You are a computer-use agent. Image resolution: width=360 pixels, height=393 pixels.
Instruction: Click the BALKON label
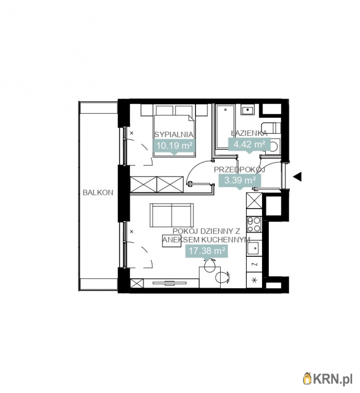click(98, 192)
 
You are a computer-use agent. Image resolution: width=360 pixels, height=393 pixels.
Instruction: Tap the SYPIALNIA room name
click(174, 134)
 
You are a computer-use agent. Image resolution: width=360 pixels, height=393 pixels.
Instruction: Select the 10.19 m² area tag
click(174, 146)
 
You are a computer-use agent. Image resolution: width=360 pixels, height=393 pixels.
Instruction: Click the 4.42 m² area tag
click(249, 145)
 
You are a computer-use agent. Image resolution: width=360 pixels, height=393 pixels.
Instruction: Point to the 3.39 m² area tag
click(240, 181)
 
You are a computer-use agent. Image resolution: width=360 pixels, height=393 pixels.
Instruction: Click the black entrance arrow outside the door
click(298, 177)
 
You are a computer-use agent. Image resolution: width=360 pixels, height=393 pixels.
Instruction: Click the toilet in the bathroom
click(271, 145)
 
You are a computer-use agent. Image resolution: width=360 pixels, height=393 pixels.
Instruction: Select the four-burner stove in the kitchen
click(254, 224)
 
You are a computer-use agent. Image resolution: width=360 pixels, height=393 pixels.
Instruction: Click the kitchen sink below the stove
click(254, 248)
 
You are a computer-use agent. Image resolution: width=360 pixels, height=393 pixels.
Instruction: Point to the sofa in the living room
click(172, 215)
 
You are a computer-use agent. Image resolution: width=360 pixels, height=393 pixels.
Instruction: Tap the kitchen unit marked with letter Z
click(254, 264)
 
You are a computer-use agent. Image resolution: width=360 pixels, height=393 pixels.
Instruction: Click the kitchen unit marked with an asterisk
click(254, 280)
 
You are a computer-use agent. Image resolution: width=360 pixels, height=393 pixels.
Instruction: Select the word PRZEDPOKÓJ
click(239, 170)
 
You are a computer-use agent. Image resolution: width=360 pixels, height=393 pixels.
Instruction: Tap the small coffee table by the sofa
click(171, 241)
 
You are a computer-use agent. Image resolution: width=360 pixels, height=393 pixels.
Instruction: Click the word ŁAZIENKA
click(249, 133)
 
